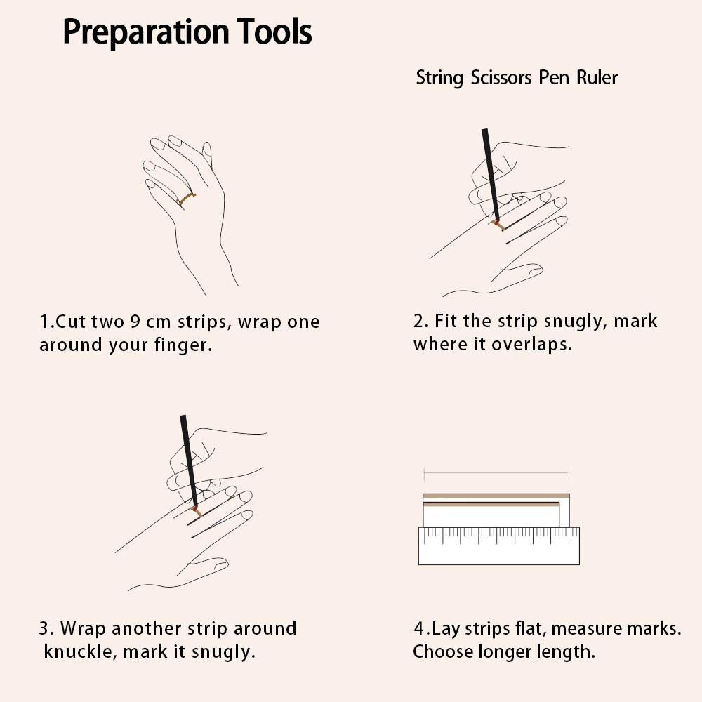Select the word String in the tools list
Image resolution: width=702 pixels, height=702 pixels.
click(x=439, y=78)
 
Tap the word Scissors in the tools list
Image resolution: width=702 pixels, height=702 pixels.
click(x=501, y=77)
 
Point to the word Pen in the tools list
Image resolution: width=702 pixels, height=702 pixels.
click(x=553, y=77)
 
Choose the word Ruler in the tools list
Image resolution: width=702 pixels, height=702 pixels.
click(x=597, y=77)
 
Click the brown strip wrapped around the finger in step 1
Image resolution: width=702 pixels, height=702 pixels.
click(x=186, y=199)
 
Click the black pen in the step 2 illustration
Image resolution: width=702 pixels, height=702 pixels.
click(x=491, y=175)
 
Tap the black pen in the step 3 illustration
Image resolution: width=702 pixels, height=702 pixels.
click(x=189, y=462)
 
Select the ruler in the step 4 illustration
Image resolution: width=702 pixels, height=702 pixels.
click(x=498, y=545)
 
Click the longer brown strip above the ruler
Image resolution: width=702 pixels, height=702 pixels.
click(x=496, y=496)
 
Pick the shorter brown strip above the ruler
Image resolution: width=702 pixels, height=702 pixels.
click(x=491, y=504)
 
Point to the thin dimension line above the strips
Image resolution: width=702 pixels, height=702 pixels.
click(x=496, y=472)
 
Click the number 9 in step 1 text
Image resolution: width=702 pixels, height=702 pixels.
click(x=135, y=322)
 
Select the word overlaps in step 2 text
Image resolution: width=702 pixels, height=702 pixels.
click(x=532, y=344)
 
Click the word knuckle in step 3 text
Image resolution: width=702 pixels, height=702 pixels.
click(x=81, y=651)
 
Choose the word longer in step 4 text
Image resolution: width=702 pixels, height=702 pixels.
click(x=504, y=652)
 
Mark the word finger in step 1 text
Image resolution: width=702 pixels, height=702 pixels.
click(x=183, y=345)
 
